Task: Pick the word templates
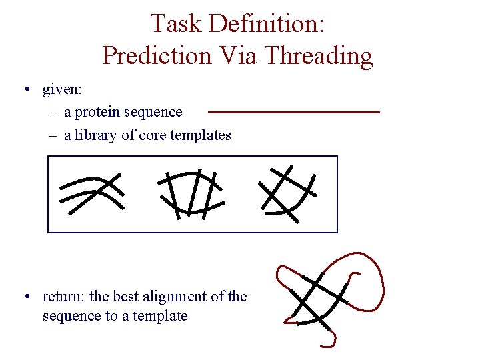(x=201, y=136)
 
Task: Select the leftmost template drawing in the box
(x=91, y=193)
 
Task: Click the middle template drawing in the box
(x=190, y=193)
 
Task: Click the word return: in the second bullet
(x=66, y=296)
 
